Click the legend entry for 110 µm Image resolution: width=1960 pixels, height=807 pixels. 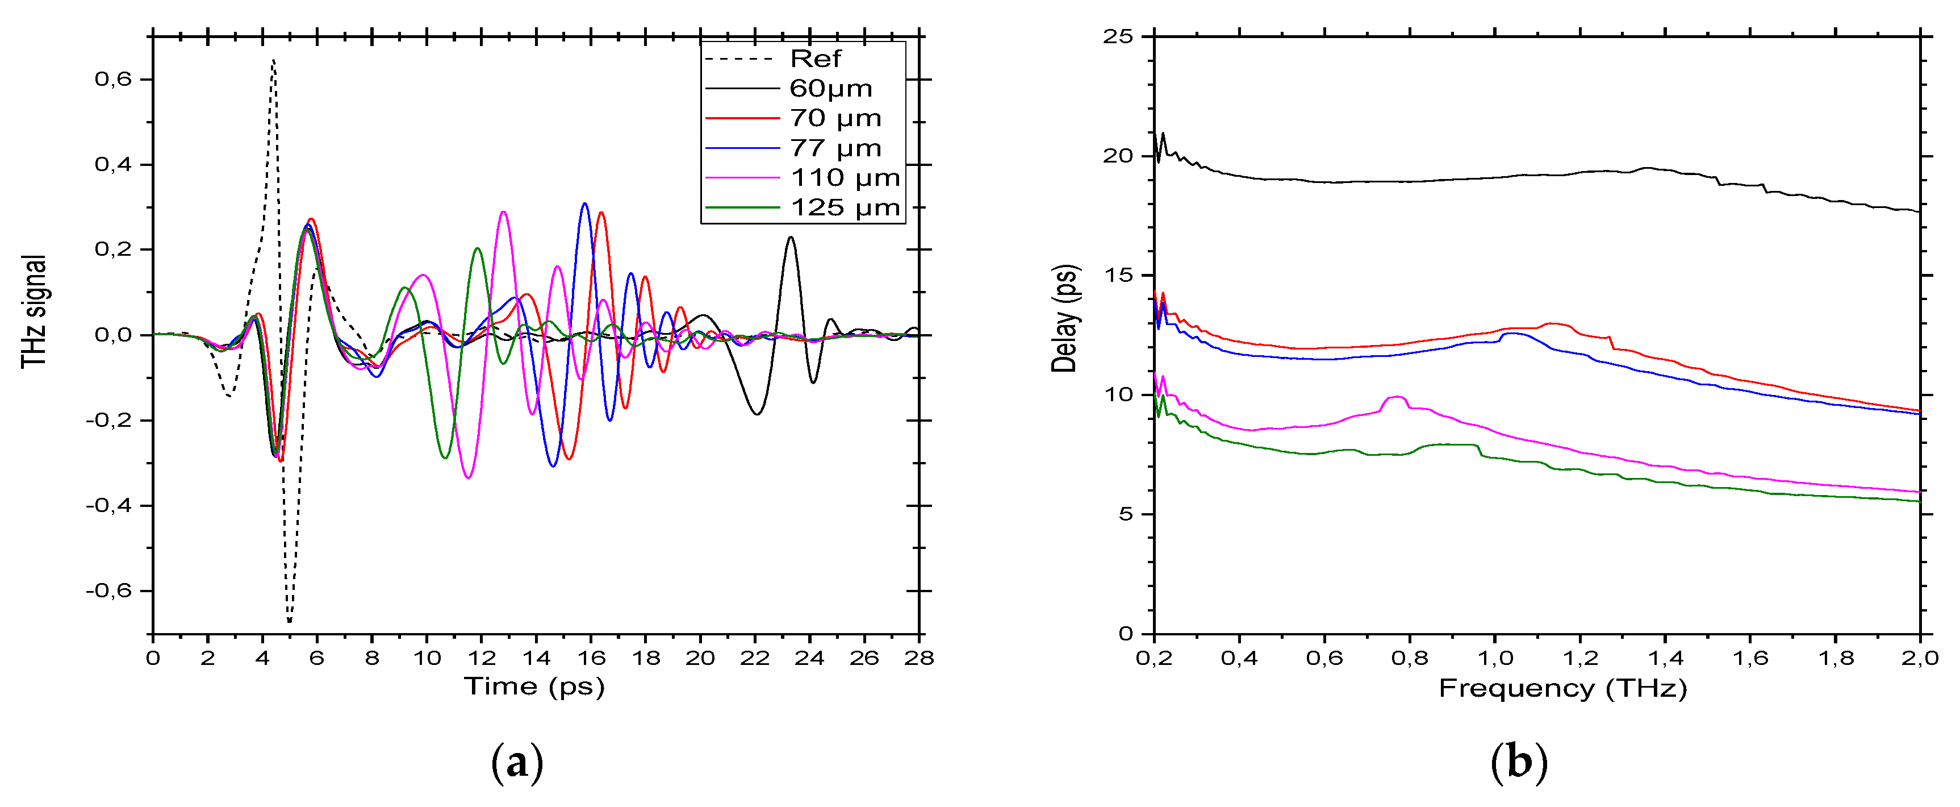tap(845, 178)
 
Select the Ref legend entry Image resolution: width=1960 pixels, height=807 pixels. tap(815, 59)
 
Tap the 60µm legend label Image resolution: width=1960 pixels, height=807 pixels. tap(830, 88)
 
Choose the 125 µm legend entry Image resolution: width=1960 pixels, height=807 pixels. tap(845, 208)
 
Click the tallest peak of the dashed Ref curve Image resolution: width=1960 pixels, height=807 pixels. tap(273, 60)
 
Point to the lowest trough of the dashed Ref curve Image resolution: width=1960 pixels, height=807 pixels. tap(289, 621)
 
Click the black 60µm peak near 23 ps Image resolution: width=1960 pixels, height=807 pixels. tap(791, 238)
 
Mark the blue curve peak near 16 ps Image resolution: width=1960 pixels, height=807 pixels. tap(584, 204)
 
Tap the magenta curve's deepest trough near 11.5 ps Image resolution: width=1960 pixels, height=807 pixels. tap(468, 477)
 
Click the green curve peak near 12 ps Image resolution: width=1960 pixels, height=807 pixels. tap(477, 248)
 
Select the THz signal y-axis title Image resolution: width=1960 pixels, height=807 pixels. tap(34, 312)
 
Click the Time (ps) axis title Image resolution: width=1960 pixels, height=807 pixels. tap(535, 687)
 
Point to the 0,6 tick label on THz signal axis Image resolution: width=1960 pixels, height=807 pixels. tap(112, 79)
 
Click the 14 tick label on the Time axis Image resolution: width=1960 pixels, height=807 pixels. tap(536, 658)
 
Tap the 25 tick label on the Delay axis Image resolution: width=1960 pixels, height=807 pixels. tap(1118, 36)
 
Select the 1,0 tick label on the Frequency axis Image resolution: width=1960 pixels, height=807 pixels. tap(1495, 658)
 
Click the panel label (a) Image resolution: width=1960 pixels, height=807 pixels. tap(517, 763)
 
